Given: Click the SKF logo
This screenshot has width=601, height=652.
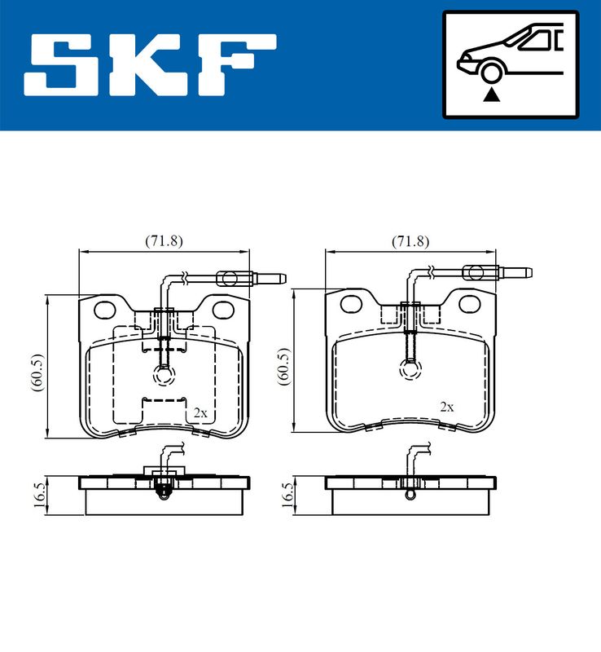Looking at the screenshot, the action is click(150, 65).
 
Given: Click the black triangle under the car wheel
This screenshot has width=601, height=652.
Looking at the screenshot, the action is click(491, 95).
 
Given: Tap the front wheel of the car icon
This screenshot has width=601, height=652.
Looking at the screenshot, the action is click(491, 72).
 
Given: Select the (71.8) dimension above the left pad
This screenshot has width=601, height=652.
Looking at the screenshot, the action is click(164, 240).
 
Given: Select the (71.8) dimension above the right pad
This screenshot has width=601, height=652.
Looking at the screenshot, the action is click(410, 241).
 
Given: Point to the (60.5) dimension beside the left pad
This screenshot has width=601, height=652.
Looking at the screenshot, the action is click(37, 372).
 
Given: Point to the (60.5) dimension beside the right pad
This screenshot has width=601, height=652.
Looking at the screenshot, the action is click(283, 367).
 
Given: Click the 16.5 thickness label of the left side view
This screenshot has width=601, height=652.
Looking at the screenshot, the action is click(39, 495).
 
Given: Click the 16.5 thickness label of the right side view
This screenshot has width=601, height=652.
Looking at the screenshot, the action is click(287, 495).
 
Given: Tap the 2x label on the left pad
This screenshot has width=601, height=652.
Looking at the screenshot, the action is click(200, 413).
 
